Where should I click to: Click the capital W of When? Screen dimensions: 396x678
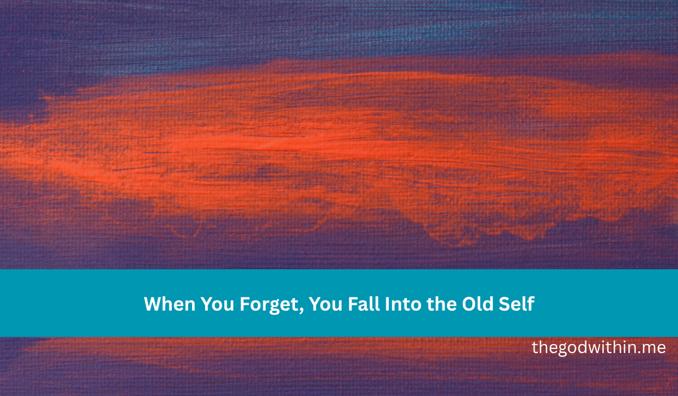pyautogui.click(x=152, y=304)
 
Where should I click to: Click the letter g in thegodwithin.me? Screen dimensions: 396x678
pyautogui.click(x=562, y=350)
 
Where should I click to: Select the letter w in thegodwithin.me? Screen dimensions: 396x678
pyautogui.click(x=593, y=348)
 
